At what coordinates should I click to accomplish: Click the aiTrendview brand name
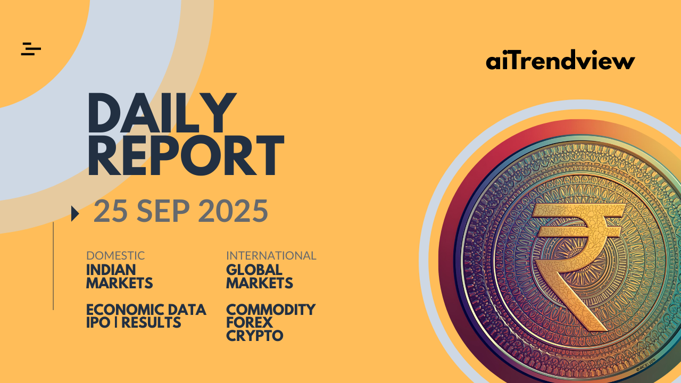point(560,60)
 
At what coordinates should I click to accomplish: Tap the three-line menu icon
point(31,49)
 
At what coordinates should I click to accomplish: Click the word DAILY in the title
point(162,113)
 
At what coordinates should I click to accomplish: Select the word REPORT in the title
point(186,155)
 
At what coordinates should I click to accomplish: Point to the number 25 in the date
point(111,211)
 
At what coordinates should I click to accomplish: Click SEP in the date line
point(163,211)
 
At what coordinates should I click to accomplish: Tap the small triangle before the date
point(75,213)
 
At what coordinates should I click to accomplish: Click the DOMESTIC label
point(115,256)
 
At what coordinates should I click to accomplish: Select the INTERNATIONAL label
point(271,256)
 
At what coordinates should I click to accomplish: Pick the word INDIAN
point(111,270)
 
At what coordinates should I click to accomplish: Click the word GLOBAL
point(254,270)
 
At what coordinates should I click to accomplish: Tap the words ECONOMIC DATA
point(146,310)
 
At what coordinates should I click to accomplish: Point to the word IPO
point(98,322)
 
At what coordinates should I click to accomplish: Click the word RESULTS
point(151,322)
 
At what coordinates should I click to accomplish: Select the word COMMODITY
point(271,310)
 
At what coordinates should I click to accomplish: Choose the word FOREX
point(250,322)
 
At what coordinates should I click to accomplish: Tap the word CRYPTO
point(255,336)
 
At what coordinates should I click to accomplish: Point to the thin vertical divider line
point(53,266)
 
